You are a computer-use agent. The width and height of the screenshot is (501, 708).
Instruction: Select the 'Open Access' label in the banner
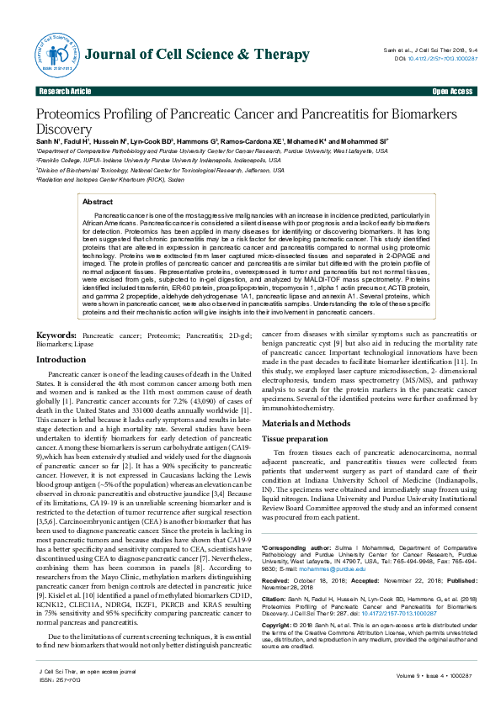pyautogui.click(x=451, y=91)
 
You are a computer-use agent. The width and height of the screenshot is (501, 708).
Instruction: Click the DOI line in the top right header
pyautogui.click(x=438, y=58)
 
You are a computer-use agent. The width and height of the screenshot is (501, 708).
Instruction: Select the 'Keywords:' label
pyautogui.click(x=56, y=359)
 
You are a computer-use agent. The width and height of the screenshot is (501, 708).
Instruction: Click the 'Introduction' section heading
pyautogui.click(x=61, y=383)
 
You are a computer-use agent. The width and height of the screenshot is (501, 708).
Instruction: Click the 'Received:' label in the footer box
pyautogui.click(x=277, y=557)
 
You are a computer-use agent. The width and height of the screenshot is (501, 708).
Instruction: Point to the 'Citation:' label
pyautogui.click(x=275, y=576)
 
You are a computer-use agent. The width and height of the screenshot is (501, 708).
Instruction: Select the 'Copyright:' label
pyautogui.click(x=279, y=601)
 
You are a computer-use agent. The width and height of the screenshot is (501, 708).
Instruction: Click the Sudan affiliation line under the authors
pyautogui.click(x=88, y=179)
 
